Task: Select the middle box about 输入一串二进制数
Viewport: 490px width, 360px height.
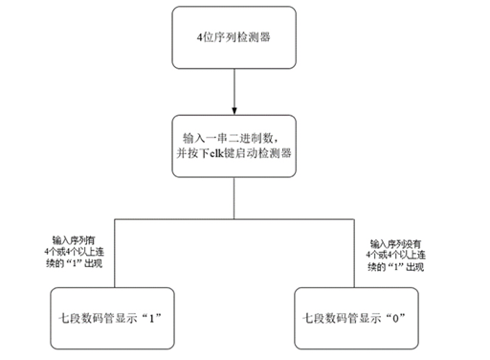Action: click(x=234, y=144)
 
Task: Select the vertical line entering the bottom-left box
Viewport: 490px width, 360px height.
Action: click(x=115, y=249)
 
